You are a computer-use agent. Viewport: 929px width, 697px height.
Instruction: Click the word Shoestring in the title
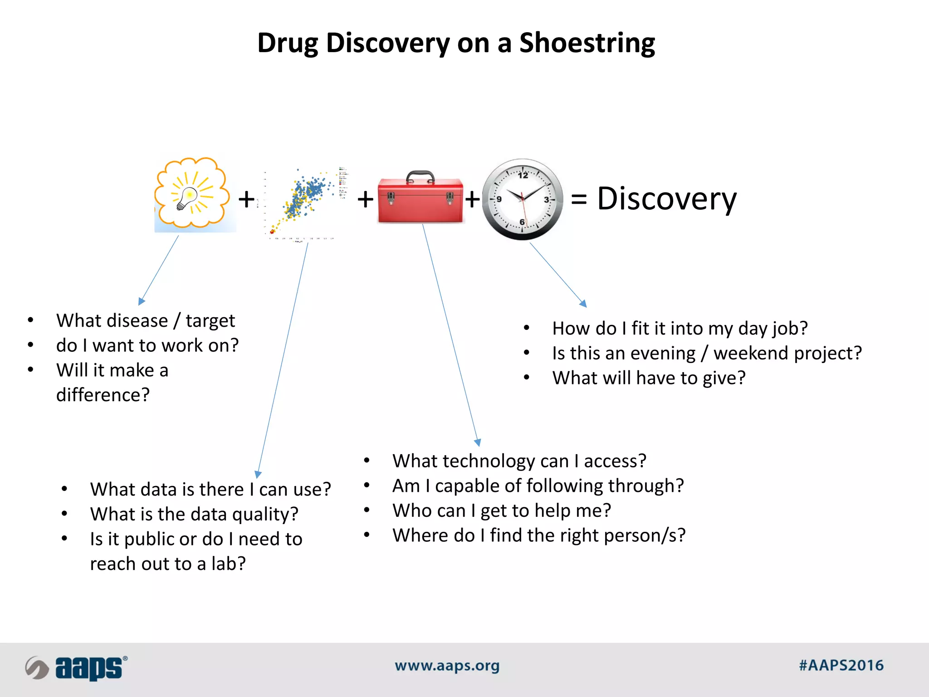point(587,43)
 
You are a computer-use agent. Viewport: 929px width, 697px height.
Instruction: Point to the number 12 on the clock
point(523,175)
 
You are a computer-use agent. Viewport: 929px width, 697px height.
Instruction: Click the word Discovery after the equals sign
point(667,199)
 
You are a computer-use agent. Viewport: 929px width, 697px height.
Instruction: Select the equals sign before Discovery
point(579,199)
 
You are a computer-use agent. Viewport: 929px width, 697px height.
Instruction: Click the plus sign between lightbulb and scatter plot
point(246,199)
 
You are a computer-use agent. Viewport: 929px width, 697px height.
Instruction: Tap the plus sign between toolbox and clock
point(472,199)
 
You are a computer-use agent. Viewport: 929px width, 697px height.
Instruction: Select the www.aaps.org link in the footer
point(447,666)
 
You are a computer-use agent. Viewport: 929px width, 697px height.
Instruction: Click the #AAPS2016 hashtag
point(841,666)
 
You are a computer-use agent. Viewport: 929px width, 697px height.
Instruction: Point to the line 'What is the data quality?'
point(194,514)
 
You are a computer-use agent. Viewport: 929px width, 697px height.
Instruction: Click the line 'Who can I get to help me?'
point(502,510)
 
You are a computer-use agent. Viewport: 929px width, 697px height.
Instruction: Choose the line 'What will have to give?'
point(649,378)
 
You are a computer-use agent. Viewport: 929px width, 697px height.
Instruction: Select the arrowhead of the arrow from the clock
point(583,304)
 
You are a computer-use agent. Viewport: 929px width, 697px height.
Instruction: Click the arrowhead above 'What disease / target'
point(141,301)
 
